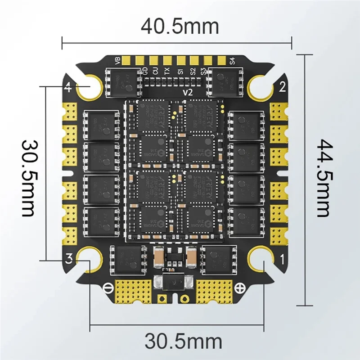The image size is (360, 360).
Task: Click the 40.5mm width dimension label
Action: [180, 26]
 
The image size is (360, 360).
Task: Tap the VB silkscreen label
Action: [118, 60]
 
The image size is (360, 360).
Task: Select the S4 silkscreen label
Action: [232, 60]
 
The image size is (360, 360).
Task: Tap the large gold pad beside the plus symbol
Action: [213, 289]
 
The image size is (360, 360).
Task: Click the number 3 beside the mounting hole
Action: [69, 258]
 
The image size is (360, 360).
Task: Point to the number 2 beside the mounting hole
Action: [283, 87]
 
